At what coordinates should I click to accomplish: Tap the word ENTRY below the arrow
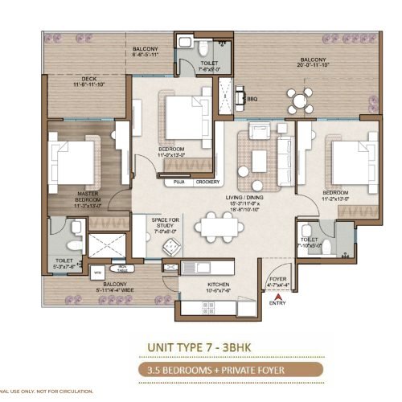point(277,304)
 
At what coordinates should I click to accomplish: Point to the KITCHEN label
point(197,285)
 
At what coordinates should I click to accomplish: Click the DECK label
point(89,80)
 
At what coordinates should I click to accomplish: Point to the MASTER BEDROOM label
point(88,197)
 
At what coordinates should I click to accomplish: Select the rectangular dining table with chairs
point(222,226)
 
